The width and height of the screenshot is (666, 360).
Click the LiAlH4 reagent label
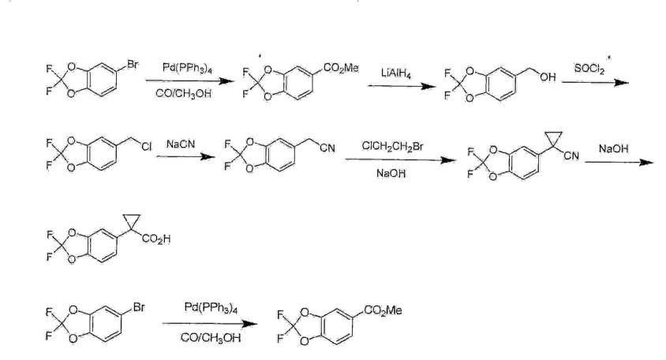pos(396,73)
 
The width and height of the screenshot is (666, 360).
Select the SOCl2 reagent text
pos(589,69)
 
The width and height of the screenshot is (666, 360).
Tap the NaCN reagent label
pos(181,144)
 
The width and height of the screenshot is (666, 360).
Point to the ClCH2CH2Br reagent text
pos(392,147)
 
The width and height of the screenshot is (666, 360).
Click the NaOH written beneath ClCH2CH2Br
pos(391,174)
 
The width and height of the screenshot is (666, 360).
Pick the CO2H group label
pos(156,239)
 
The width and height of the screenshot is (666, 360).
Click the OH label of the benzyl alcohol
pos(548,77)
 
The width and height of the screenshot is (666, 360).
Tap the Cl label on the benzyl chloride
pos(146,147)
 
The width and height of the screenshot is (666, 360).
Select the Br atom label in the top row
pos(133,65)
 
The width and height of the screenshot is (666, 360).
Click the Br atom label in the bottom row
pos(138,306)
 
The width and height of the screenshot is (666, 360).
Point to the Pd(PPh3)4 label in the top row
pos(187,68)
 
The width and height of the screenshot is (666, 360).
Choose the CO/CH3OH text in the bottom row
pos(210,338)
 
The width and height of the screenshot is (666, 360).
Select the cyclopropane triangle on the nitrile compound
pos(554,139)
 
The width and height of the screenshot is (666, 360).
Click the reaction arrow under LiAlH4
pos(402,86)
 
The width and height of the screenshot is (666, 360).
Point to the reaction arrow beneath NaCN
pos(186,157)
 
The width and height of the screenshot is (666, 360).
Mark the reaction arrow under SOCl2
pos(595,82)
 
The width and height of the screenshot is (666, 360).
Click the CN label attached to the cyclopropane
pos(571,156)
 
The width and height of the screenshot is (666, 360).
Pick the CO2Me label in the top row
pos(341,68)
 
